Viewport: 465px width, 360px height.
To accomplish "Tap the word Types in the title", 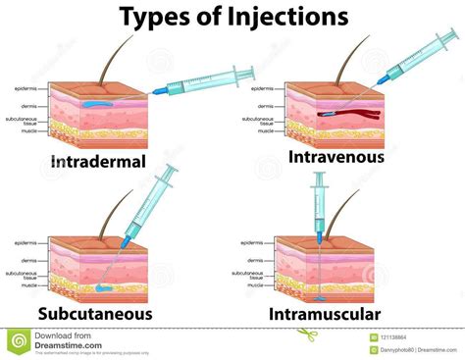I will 156,17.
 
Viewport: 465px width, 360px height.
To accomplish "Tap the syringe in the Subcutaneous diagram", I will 156,202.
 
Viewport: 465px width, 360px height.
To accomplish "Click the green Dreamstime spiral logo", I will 18,340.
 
